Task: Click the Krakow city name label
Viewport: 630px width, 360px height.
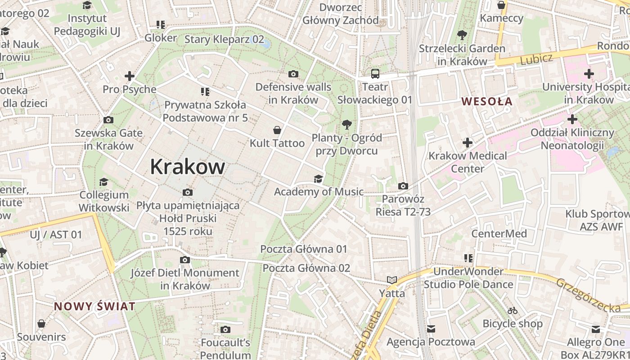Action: tap(187, 166)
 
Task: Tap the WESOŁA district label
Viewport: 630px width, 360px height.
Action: tap(487, 101)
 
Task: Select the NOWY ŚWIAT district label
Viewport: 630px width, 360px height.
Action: tap(94, 306)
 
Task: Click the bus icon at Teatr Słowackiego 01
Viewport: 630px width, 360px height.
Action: tap(375, 73)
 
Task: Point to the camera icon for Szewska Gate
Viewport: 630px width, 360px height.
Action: tap(108, 120)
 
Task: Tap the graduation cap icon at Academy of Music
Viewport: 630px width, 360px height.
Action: tap(318, 179)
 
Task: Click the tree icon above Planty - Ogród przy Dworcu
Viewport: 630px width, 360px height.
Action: tap(346, 124)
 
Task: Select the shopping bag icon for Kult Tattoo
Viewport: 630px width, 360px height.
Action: tap(277, 130)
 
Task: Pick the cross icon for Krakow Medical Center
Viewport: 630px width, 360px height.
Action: tap(468, 143)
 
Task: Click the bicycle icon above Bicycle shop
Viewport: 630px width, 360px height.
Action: tap(512, 310)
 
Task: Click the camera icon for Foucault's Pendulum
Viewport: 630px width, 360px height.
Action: tap(225, 330)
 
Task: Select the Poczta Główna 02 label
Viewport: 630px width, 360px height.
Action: tap(306, 268)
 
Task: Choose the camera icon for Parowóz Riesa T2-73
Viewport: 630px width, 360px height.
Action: tap(403, 186)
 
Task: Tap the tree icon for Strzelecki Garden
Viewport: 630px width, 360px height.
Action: tap(462, 35)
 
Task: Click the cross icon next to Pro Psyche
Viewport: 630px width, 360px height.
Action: tap(130, 76)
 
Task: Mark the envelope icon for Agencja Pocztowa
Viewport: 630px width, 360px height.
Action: tap(431, 329)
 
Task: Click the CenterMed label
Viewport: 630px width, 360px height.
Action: tap(499, 234)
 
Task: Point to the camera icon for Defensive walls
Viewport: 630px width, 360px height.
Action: tap(293, 74)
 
